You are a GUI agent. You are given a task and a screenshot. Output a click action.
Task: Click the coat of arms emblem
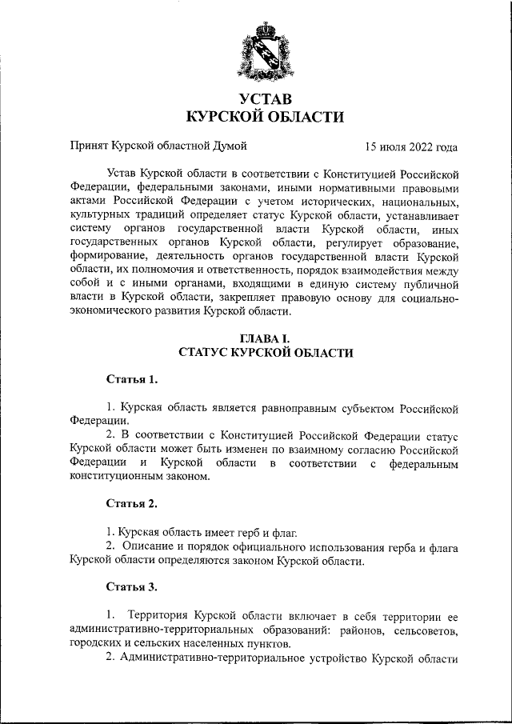click(x=265, y=52)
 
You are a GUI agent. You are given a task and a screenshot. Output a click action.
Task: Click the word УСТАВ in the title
click(x=265, y=99)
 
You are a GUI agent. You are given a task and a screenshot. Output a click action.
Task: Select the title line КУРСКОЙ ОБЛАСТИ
click(x=265, y=118)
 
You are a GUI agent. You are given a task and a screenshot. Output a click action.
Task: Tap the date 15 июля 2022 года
click(x=410, y=146)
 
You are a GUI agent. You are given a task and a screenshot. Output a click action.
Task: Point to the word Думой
click(x=230, y=146)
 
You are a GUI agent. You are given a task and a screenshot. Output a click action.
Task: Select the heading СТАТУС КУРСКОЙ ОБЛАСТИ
click(x=265, y=353)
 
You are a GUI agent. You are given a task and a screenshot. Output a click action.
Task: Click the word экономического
click(x=106, y=312)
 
